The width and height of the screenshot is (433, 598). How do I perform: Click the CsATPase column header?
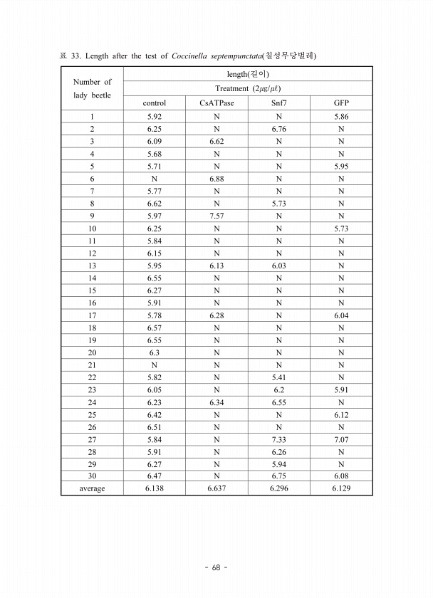coord(216,103)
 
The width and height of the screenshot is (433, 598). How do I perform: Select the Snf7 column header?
coord(278,103)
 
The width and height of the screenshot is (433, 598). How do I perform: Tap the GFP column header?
coord(341,103)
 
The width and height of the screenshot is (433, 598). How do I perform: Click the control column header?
coord(155,103)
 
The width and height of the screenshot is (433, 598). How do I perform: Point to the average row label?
coord(93,488)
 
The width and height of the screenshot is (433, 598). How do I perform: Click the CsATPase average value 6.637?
coord(216,488)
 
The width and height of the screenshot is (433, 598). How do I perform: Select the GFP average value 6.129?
coord(341,488)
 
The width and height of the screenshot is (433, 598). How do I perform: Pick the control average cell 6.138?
coord(155,488)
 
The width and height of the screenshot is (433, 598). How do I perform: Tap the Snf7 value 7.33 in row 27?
coord(278,439)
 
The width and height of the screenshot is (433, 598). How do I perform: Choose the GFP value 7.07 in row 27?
coord(341,439)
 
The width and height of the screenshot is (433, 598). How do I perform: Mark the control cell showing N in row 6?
coord(155,178)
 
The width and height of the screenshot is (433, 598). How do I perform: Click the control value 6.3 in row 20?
coord(155,352)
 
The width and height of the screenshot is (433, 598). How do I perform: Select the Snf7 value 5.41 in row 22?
coord(278,377)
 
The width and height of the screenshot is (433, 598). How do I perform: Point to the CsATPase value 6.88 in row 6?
coord(216,178)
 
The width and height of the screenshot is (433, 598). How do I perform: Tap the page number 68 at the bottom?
coord(216,567)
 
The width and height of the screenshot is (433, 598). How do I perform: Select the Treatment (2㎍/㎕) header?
coord(247,88)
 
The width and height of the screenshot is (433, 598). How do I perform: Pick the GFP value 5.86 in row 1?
coord(341,116)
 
